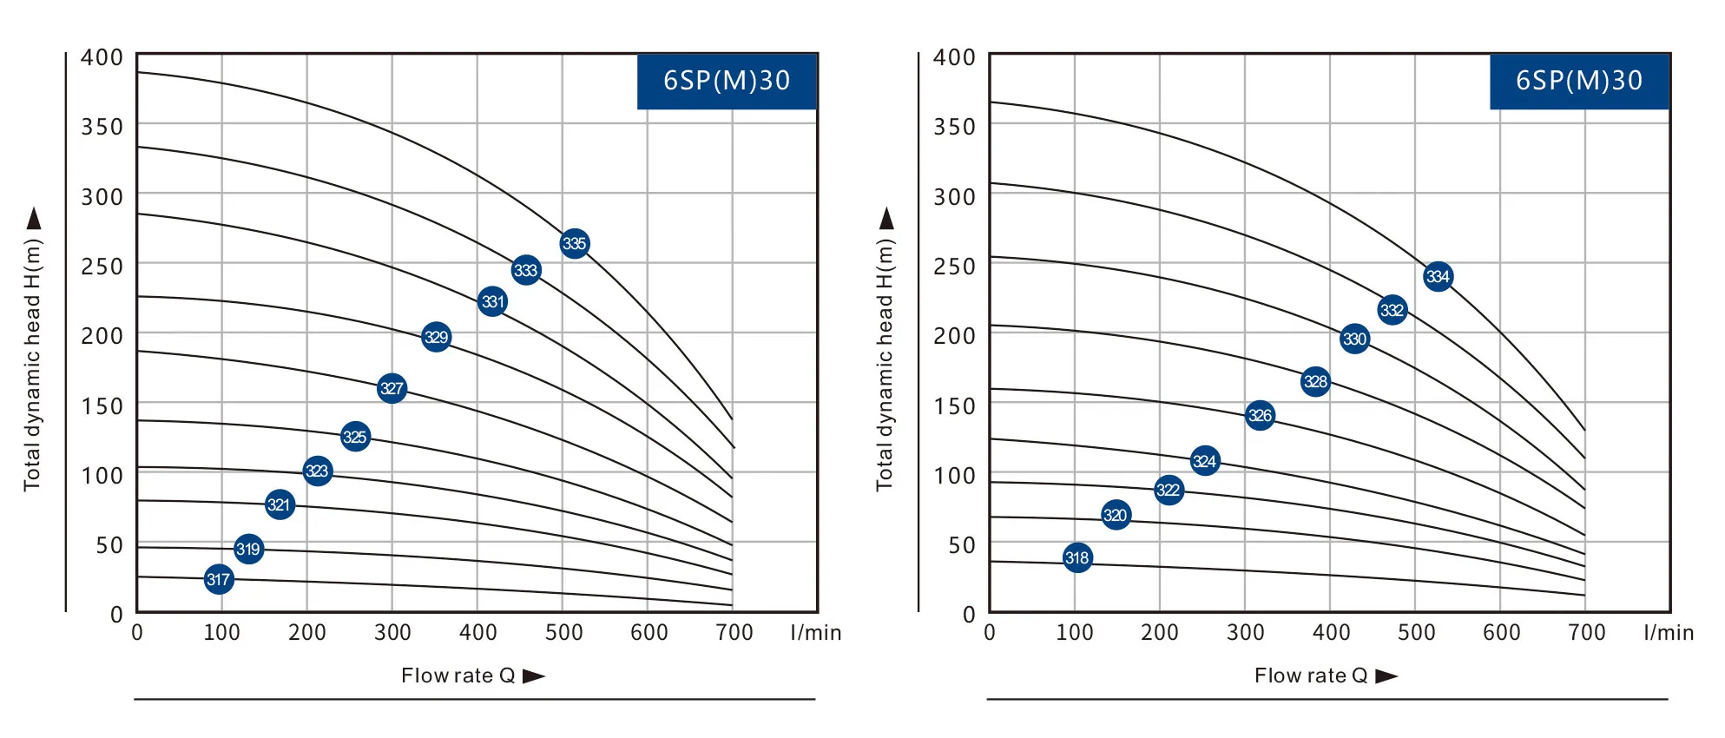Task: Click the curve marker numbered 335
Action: click(574, 243)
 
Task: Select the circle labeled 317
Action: click(219, 579)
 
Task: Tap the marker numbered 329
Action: click(436, 337)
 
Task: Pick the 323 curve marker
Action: click(318, 471)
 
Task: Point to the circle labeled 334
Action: click(1438, 277)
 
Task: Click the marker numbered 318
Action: click(1076, 557)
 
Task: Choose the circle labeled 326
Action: click(1260, 415)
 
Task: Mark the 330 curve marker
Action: click(1354, 339)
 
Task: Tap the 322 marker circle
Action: click(1169, 490)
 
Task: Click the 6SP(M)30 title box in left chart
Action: click(727, 81)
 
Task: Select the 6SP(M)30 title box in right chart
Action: click(1579, 81)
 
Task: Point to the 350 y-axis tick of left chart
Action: click(102, 127)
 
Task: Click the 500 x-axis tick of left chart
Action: click(563, 632)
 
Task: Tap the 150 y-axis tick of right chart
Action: click(955, 406)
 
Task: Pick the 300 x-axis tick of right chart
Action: click(1245, 632)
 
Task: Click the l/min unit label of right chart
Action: click(1669, 632)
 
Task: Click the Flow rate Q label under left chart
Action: click(458, 675)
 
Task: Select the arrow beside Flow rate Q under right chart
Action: click(1386, 675)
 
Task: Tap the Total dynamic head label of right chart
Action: click(885, 365)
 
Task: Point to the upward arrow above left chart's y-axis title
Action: click(34, 218)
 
